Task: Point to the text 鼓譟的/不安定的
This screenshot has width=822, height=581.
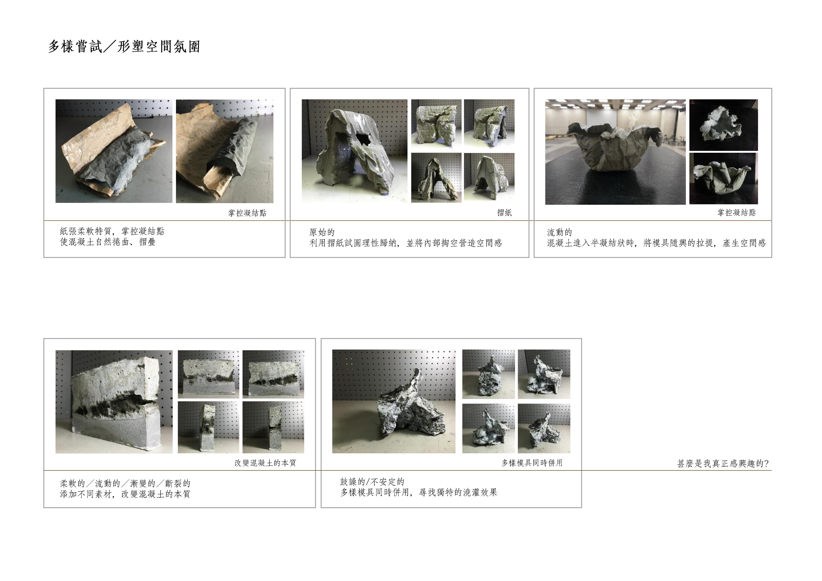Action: pos(372,482)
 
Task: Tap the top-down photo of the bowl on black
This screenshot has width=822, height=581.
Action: pos(723,125)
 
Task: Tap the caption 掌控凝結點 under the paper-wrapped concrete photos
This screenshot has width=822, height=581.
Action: pos(247,213)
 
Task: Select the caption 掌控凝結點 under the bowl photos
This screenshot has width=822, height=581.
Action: pos(736,213)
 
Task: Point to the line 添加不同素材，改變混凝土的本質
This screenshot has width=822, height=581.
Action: pos(125,494)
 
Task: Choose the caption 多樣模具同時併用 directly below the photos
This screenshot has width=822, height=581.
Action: pos(532,463)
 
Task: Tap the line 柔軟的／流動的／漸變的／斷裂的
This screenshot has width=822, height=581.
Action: pos(125,484)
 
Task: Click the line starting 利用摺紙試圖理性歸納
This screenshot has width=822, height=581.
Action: pos(406,243)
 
